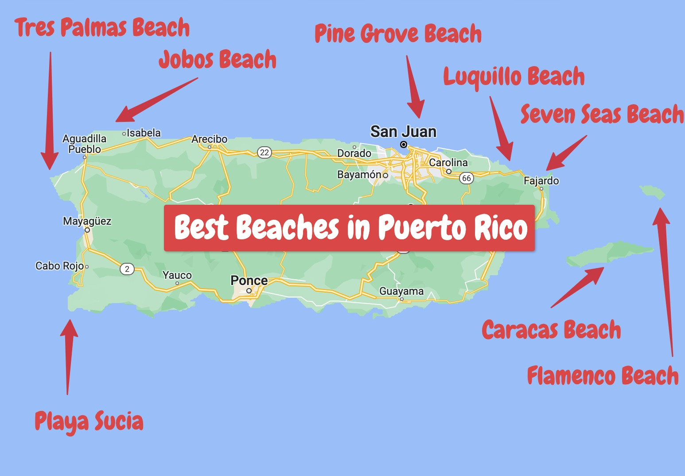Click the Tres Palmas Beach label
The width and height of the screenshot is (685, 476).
click(102, 27)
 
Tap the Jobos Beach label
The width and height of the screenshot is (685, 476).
click(218, 60)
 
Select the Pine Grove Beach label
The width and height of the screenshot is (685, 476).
click(398, 34)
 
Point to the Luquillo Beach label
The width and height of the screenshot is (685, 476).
click(514, 77)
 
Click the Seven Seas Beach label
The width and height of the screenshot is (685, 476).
click(602, 114)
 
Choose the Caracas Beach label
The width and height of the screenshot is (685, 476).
click(551, 330)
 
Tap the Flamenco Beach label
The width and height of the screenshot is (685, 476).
click(603, 376)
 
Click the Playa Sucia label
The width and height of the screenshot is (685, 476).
click(89, 421)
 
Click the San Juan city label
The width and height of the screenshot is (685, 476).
click(403, 132)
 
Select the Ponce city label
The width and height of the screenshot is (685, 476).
click(249, 281)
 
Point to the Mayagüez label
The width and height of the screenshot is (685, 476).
click(87, 221)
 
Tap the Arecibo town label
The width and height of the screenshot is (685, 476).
click(209, 139)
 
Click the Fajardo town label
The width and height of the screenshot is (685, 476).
click(541, 181)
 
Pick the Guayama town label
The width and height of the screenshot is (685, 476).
click(401, 291)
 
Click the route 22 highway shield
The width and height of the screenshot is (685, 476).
click(265, 152)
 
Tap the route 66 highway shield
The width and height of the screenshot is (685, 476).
click(466, 178)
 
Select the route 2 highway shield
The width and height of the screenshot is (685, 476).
click(127, 269)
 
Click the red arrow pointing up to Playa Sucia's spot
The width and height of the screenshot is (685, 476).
click(68, 355)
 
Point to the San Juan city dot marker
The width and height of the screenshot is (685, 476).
click(404, 144)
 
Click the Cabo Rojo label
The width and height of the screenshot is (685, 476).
click(59, 266)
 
